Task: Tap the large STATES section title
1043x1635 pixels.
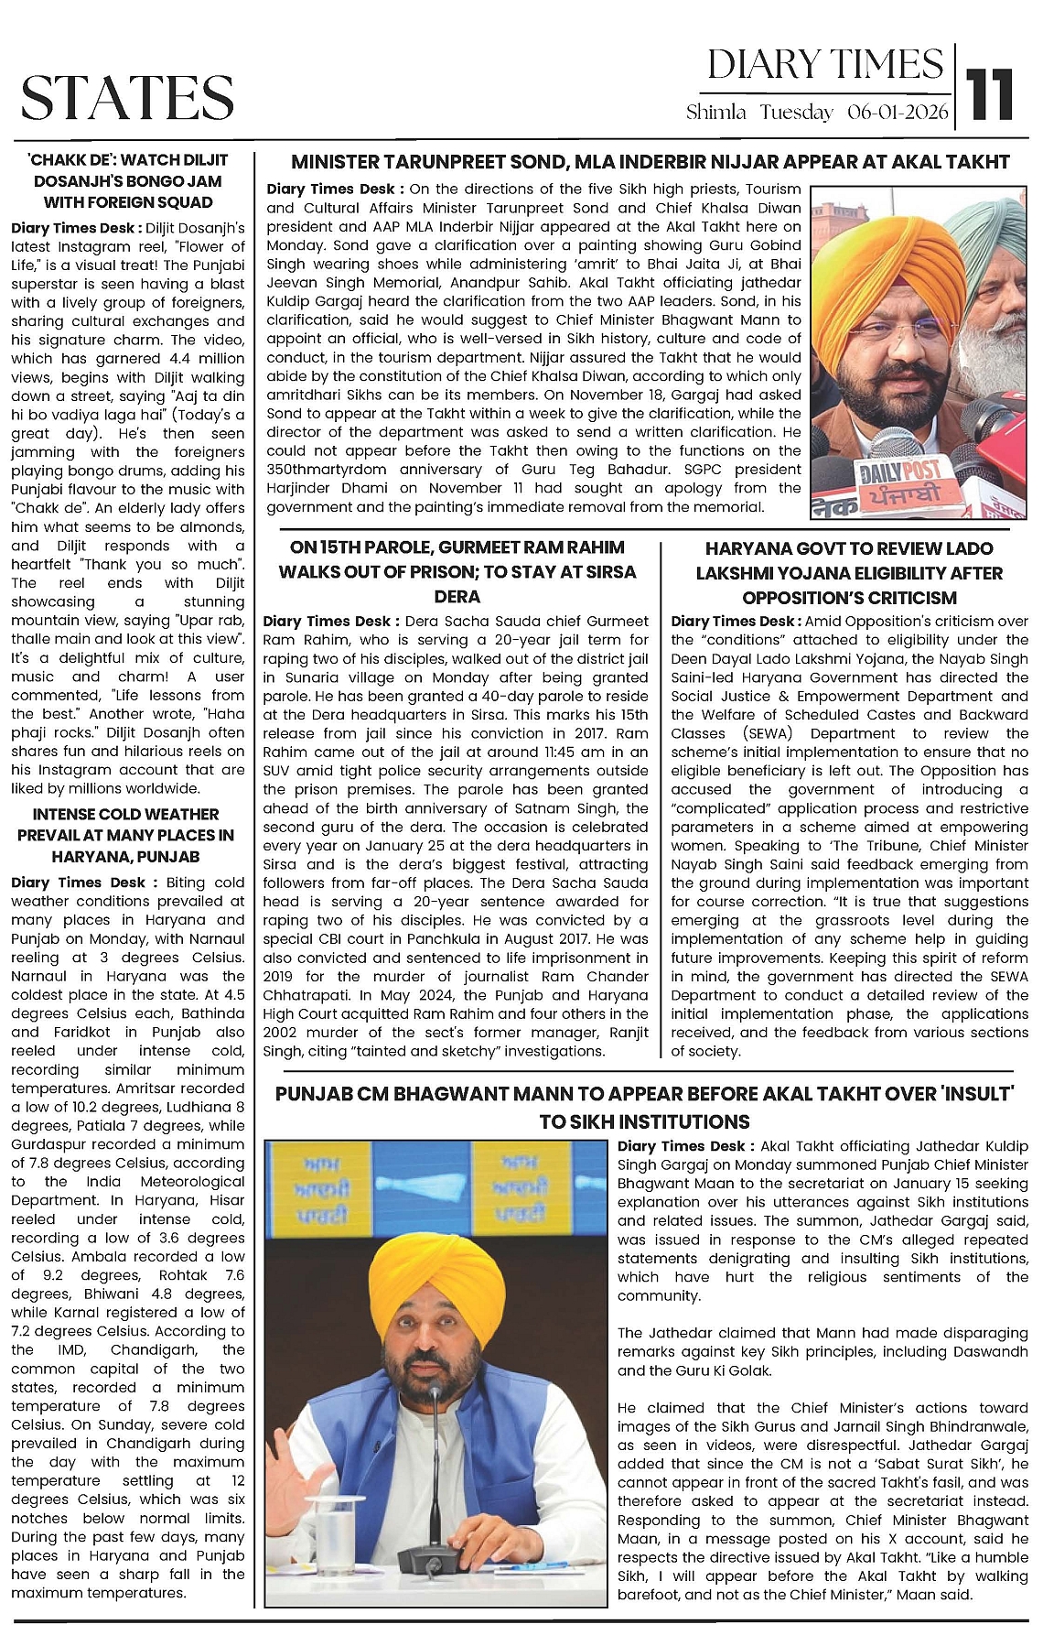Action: pos(127,97)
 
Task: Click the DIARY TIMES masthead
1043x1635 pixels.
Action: pos(824,65)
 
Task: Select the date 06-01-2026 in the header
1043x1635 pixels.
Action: pos(898,113)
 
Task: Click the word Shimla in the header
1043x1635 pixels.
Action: pos(715,113)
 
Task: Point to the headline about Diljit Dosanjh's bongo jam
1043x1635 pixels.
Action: pos(128,180)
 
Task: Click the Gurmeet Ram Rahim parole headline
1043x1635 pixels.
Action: pos(457,571)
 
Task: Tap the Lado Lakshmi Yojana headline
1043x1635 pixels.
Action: pos(849,573)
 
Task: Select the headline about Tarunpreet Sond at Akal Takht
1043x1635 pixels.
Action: pos(650,163)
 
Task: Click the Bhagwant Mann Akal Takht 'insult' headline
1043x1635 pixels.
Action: pos(644,1106)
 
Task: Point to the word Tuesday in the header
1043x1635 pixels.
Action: pos(797,113)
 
